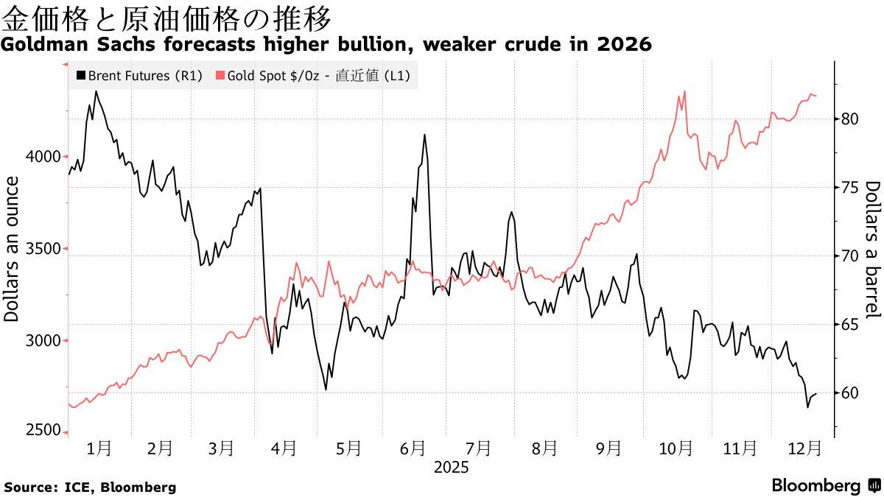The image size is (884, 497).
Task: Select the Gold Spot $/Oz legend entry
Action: [312, 75]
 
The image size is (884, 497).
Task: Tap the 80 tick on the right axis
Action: [848, 119]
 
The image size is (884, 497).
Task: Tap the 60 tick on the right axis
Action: [848, 393]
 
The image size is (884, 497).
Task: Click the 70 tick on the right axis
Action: [848, 255]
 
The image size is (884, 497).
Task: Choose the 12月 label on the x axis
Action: [804, 448]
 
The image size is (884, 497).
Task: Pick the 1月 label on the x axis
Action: [99, 448]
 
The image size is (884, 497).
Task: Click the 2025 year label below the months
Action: [451, 467]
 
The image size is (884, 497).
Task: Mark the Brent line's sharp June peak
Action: [424, 135]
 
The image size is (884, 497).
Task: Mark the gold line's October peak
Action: [684, 91]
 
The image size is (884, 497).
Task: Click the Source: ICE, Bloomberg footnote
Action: [90, 487]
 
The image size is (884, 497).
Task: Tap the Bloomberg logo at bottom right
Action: [825, 486]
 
